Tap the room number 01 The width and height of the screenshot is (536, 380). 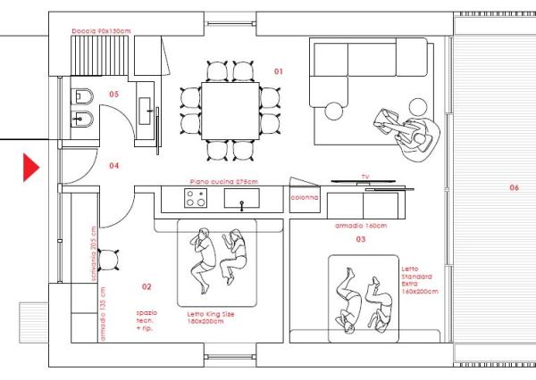tap(278, 70)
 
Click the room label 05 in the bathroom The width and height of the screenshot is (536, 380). tap(113, 94)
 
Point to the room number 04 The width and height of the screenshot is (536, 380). tap(113, 165)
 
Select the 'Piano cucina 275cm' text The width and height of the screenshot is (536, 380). tap(223, 181)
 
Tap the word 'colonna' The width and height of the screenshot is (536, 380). tap(306, 198)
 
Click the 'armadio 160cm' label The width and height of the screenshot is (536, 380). tap(361, 226)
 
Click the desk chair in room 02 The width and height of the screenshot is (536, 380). tap(110, 260)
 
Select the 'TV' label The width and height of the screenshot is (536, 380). tap(364, 177)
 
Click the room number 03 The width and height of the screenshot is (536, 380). tap(361, 239)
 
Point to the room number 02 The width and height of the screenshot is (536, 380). tap(147, 286)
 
